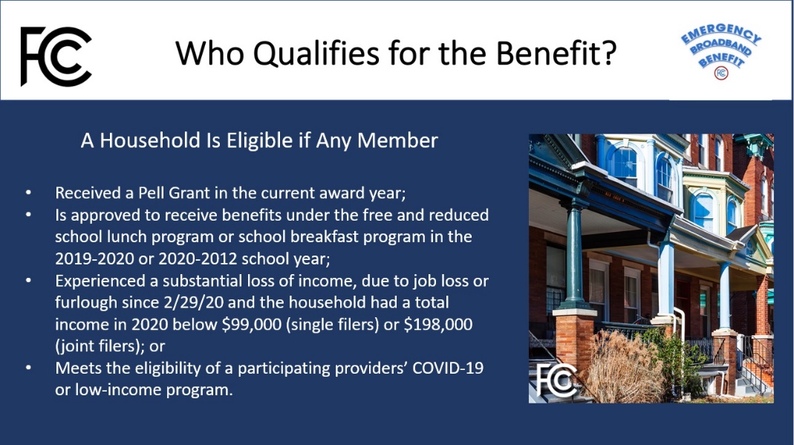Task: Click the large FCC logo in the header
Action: click(56, 56)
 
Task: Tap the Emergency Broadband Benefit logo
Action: click(720, 51)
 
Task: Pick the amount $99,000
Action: click(252, 324)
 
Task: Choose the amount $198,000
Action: click(438, 324)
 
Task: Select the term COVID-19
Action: click(448, 368)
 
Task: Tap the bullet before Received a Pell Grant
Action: click(28, 193)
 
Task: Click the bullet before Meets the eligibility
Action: click(28, 368)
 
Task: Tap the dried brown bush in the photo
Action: click(625, 366)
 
